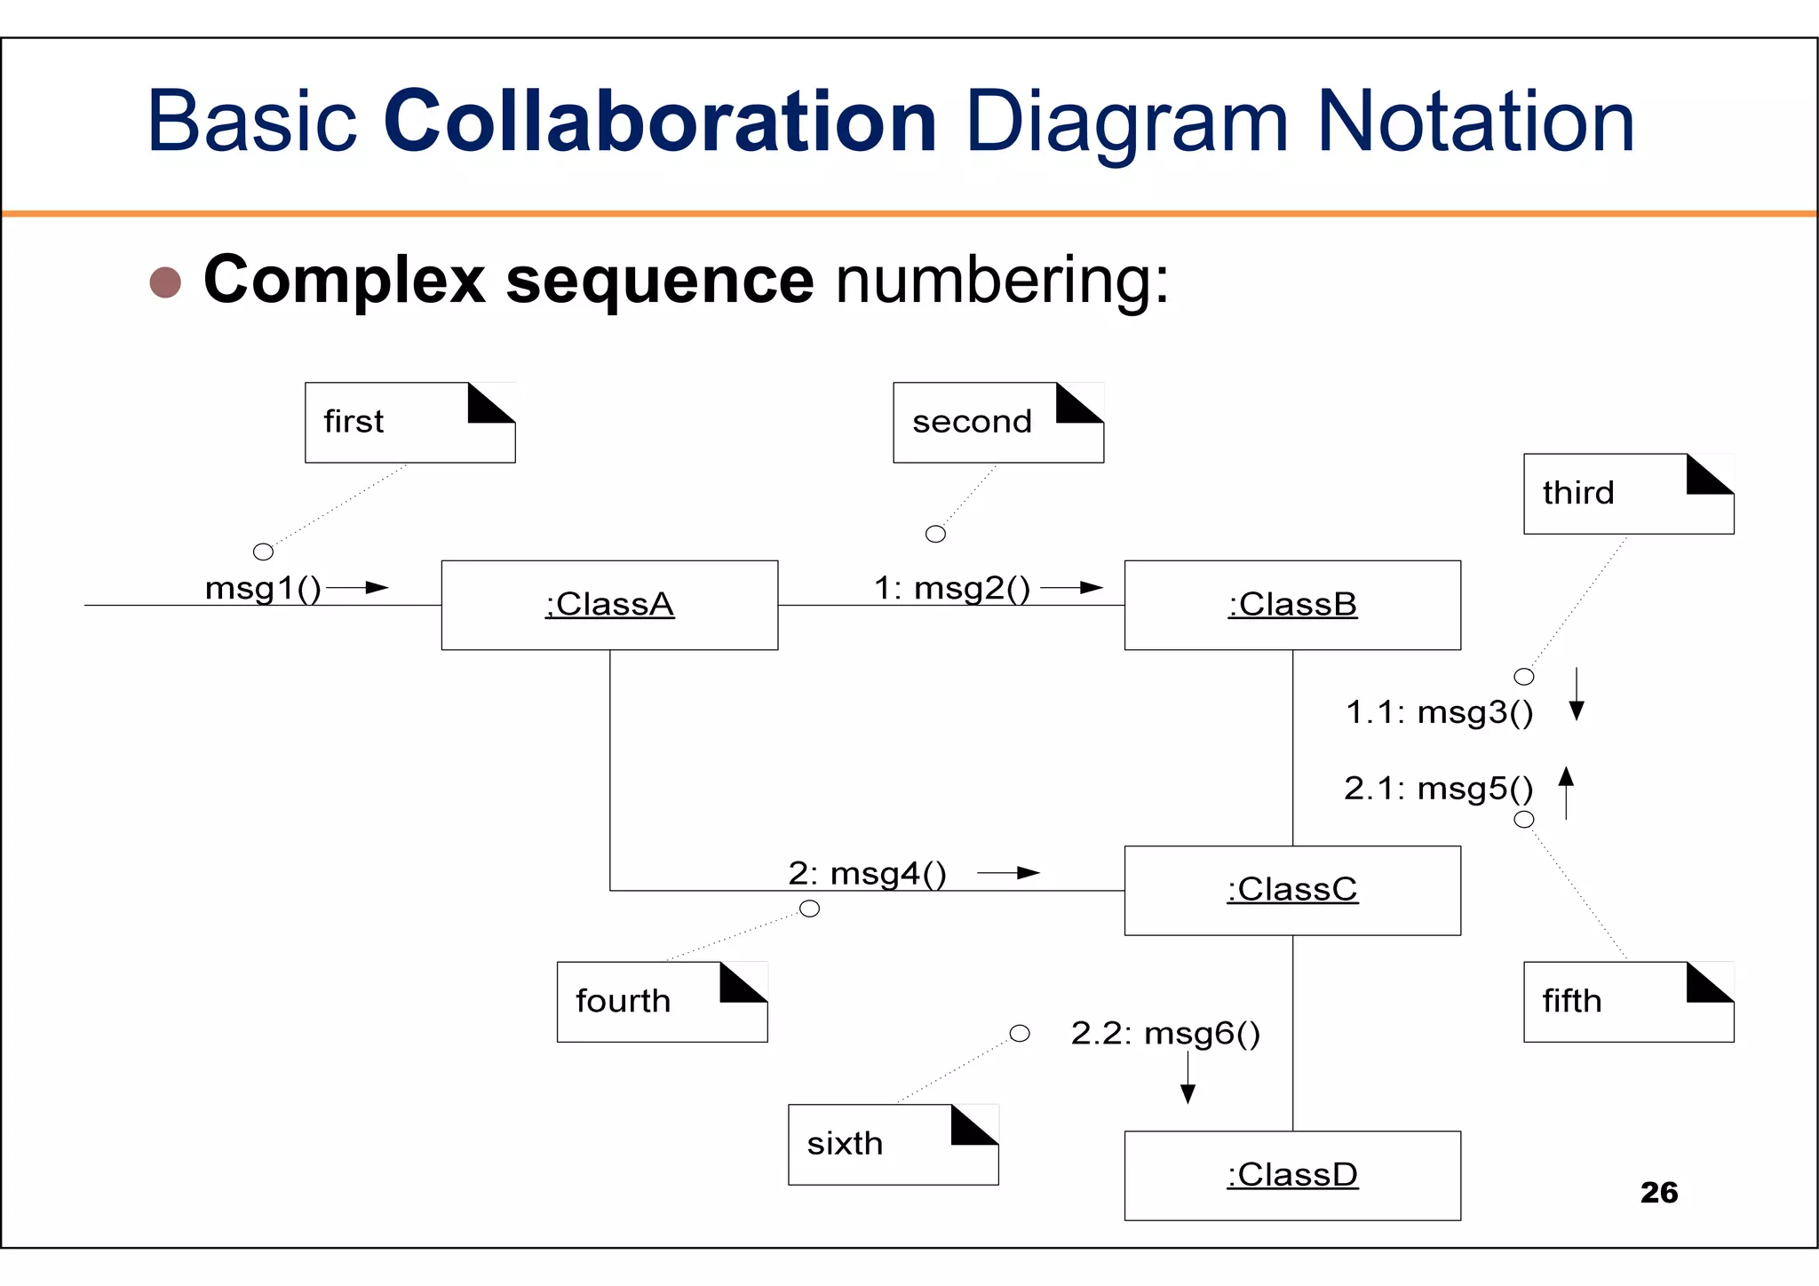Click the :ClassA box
[x=609, y=605]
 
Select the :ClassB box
[x=1292, y=605]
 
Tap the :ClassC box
[x=1292, y=890]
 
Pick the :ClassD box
[x=1292, y=1175]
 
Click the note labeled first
[x=409, y=423]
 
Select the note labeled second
[x=997, y=423]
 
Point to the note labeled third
[x=1628, y=494]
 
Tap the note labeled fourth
[x=662, y=1002]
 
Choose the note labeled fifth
[x=1628, y=1002]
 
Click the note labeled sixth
[x=893, y=1144]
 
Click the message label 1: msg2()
[x=952, y=589]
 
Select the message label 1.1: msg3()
[x=1439, y=712]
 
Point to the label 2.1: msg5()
[x=1438, y=789]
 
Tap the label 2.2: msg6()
[x=1165, y=1034]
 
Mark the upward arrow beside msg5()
[x=1566, y=792]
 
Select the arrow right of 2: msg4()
[x=1009, y=873]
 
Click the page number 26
[x=1658, y=1193]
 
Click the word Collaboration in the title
[x=660, y=122]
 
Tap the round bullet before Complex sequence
[x=165, y=282]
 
